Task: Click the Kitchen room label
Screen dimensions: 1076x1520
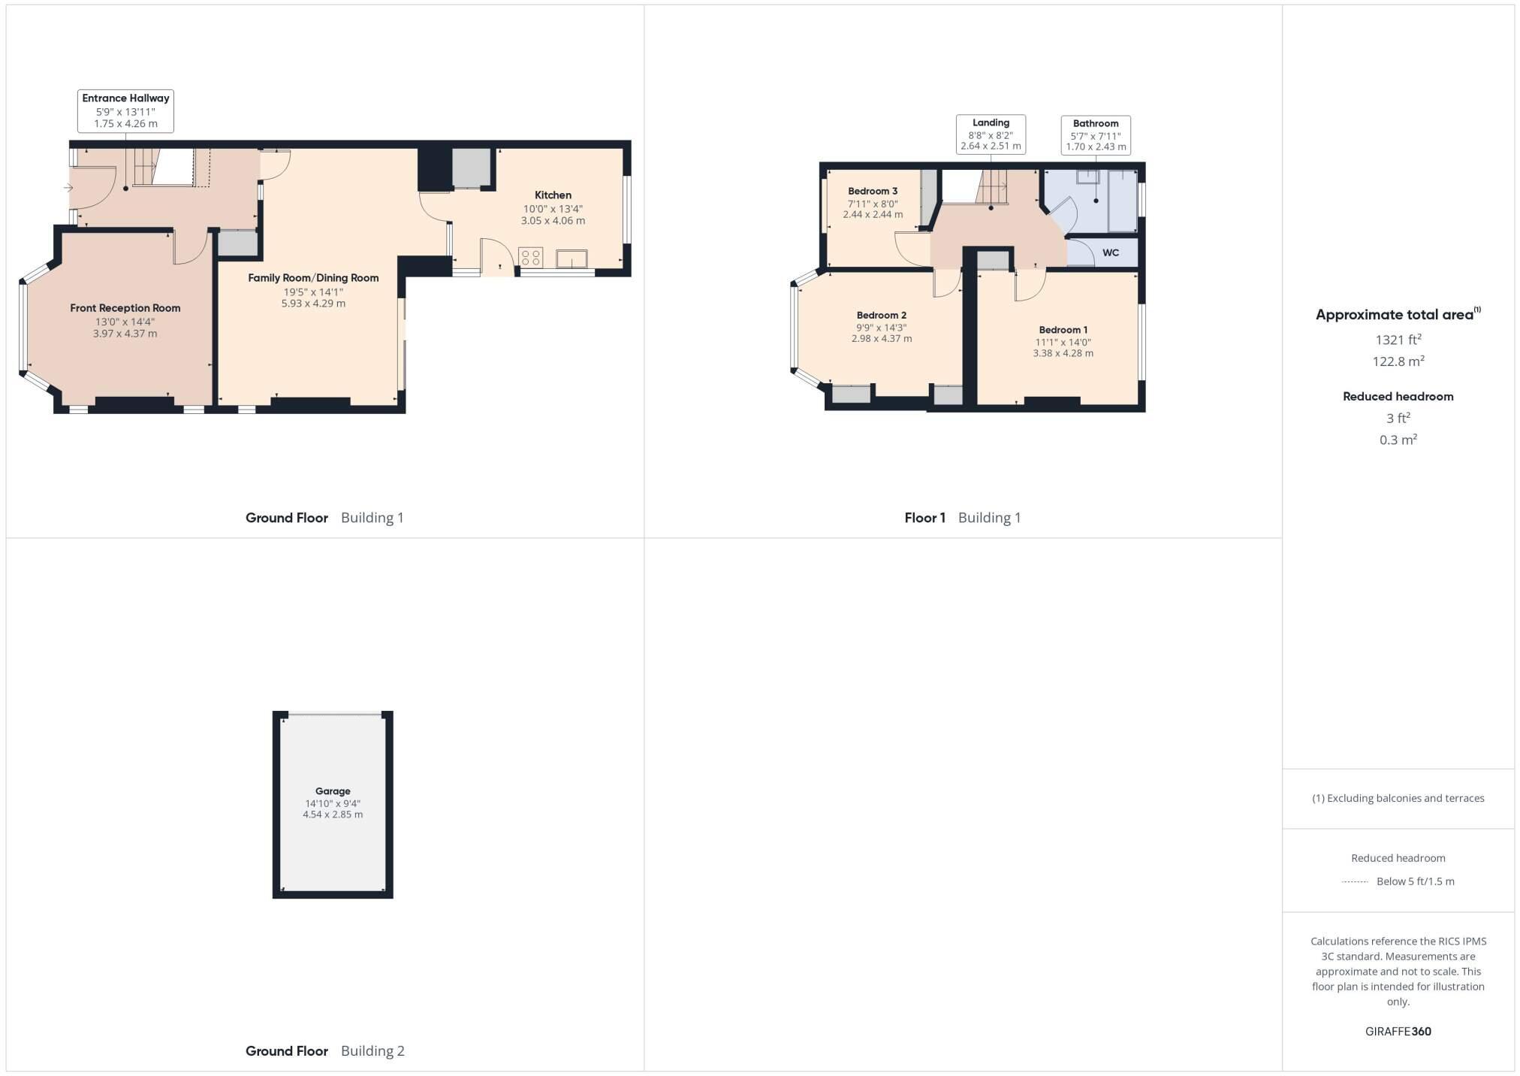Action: pyautogui.click(x=553, y=195)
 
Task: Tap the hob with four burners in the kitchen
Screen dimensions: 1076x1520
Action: pyautogui.click(x=530, y=258)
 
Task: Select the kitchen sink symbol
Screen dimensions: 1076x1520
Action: pyautogui.click(x=572, y=259)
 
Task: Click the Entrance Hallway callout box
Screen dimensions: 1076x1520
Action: pyautogui.click(x=125, y=110)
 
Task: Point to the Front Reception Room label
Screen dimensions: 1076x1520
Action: pyautogui.click(x=125, y=308)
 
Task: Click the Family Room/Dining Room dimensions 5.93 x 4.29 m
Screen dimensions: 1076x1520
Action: pyautogui.click(x=313, y=304)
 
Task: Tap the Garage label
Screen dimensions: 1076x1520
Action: pyautogui.click(x=333, y=791)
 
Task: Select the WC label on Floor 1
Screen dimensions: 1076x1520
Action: pyautogui.click(x=1111, y=252)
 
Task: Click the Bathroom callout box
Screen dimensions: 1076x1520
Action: pyautogui.click(x=1096, y=134)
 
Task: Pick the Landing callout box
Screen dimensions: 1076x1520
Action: pyautogui.click(x=991, y=134)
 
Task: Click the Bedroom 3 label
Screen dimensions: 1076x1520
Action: pyautogui.click(x=873, y=192)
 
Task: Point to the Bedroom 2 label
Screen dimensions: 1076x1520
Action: pyautogui.click(x=882, y=316)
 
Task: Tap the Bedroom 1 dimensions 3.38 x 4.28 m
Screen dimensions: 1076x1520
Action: pyautogui.click(x=1063, y=353)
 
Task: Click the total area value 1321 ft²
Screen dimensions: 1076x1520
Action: pyautogui.click(x=1398, y=340)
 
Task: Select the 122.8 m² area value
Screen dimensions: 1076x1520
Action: pyautogui.click(x=1398, y=361)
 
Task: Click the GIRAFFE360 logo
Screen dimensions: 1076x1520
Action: pyautogui.click(x=1398, y=1032)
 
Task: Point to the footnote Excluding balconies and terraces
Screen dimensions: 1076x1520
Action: pyautogui.click(x=1398, y=798)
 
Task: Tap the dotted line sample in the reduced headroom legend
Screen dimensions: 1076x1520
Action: pyautogui.click(x=1355, y=881)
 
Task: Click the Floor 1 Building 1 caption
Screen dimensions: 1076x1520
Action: pyautogui.click(x=962, y=518)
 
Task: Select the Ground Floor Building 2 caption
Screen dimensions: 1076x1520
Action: pyautogui.click(x=324, y=1050)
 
